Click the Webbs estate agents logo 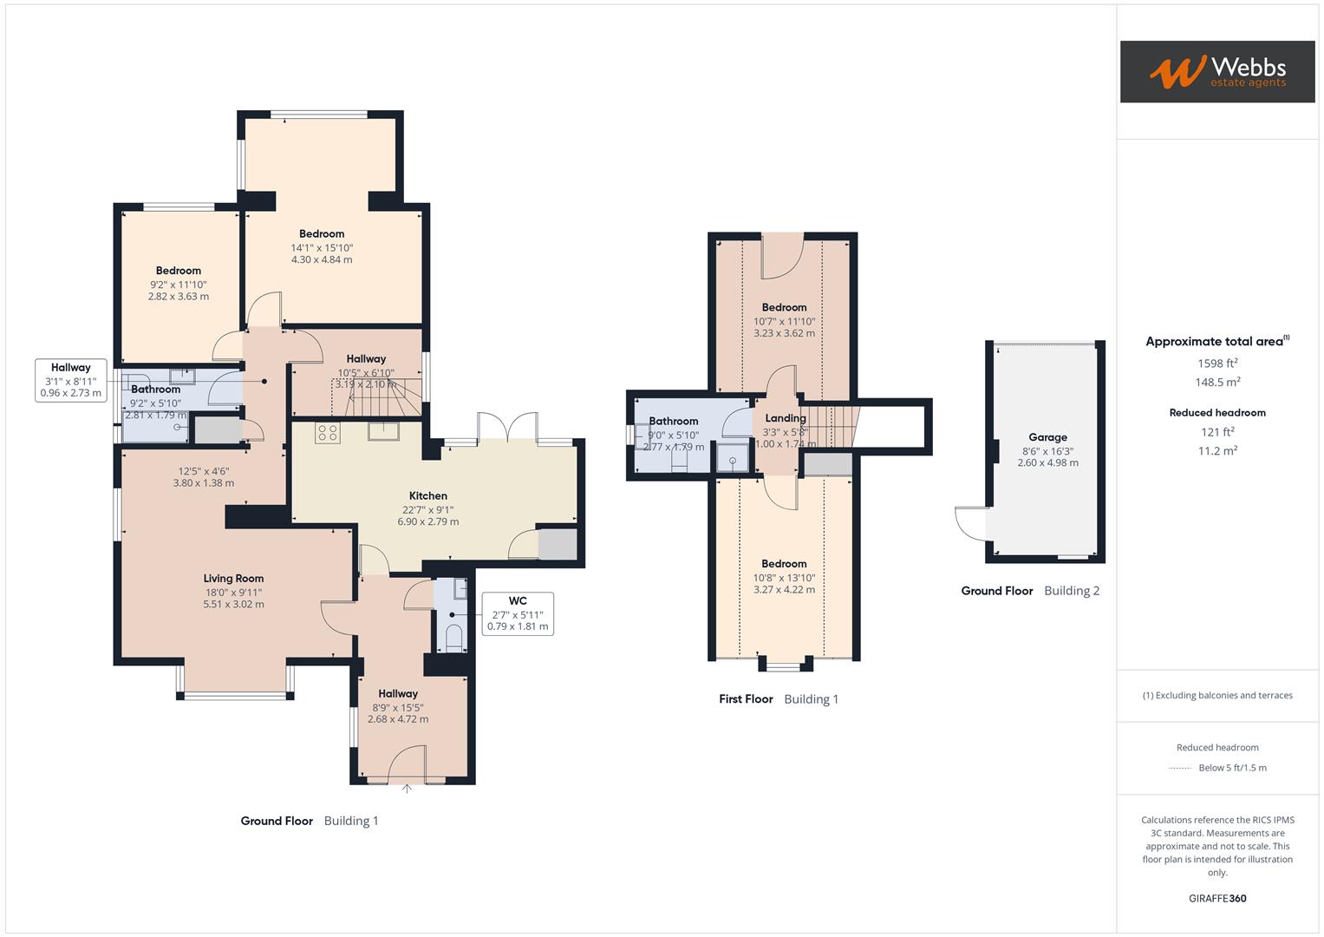pyautogui.click(x=1216, y=71)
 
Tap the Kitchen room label pyautogui.click(x=427, y=495)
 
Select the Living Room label pyautogui.click(x=233, y=579)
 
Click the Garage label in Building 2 pyautogui.click(x=1047, y=437)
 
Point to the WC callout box pyautogui.click(x=518, y=613)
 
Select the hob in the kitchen pyautogui.click(x=327, y=433)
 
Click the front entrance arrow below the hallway pyautogui.click(x=407, y=790)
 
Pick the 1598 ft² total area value pyautogui.click(x=1217, y=364)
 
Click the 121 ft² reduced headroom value pyautogui.click(x=1217, y=432)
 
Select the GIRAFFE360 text pyautogui.click(x=1217, y=898)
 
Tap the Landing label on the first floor pyautogui.click(x=785, y=418)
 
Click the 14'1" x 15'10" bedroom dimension pyautogui.click(x=322, y=247)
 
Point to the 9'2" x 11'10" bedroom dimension pyautogui.click(x=179, y=285)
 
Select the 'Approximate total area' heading pyautogui.click(x=1216, y=342)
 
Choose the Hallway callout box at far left pyautogui.click(x=71, y=380)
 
